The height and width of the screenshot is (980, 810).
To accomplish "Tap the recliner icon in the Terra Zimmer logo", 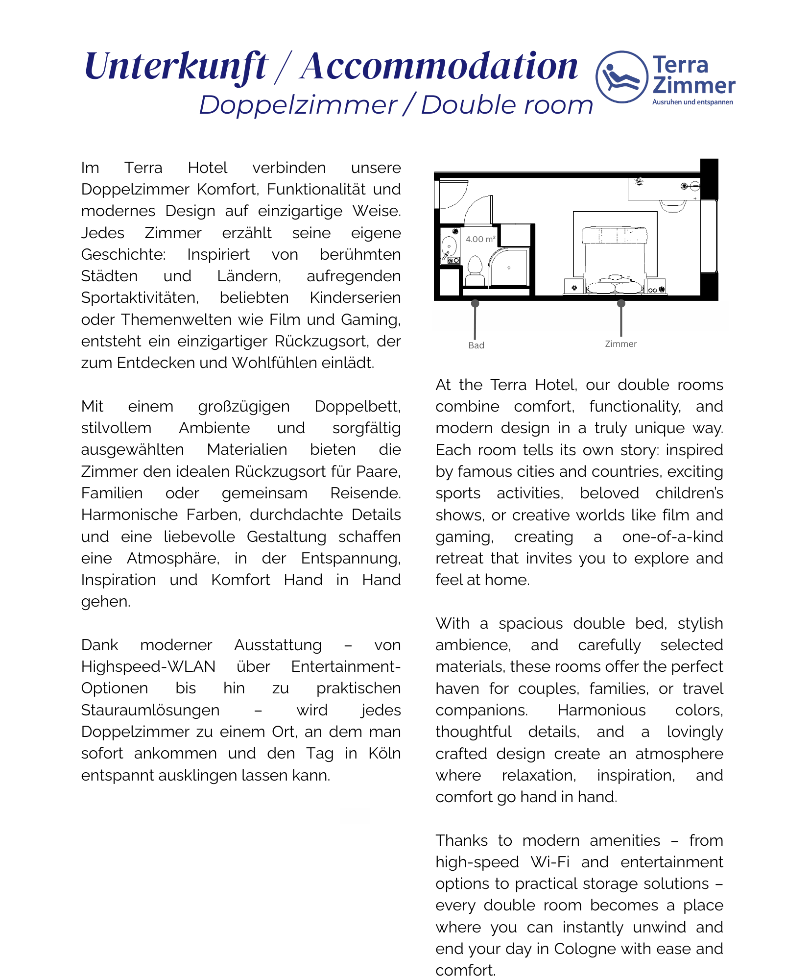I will [621, 77].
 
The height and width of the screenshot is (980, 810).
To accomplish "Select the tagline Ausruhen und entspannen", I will [692, 102].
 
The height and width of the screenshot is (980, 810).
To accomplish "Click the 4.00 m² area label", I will [480, 239].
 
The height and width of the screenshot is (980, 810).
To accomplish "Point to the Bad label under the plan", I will [476, 345].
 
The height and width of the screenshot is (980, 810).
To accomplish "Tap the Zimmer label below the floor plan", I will [620, 344].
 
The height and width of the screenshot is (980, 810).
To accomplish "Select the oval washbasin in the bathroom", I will [448, 245].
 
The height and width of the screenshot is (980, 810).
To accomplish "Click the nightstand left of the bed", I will [573, 287].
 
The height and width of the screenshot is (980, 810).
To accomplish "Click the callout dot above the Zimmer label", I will [621, 304].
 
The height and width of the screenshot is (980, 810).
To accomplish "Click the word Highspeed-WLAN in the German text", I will [148, 667].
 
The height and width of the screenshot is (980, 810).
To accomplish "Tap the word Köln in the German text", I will [384, 753].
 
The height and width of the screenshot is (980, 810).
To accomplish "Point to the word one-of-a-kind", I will [672, 537].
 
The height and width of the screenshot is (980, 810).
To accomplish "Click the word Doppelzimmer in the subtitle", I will [298, 105].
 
